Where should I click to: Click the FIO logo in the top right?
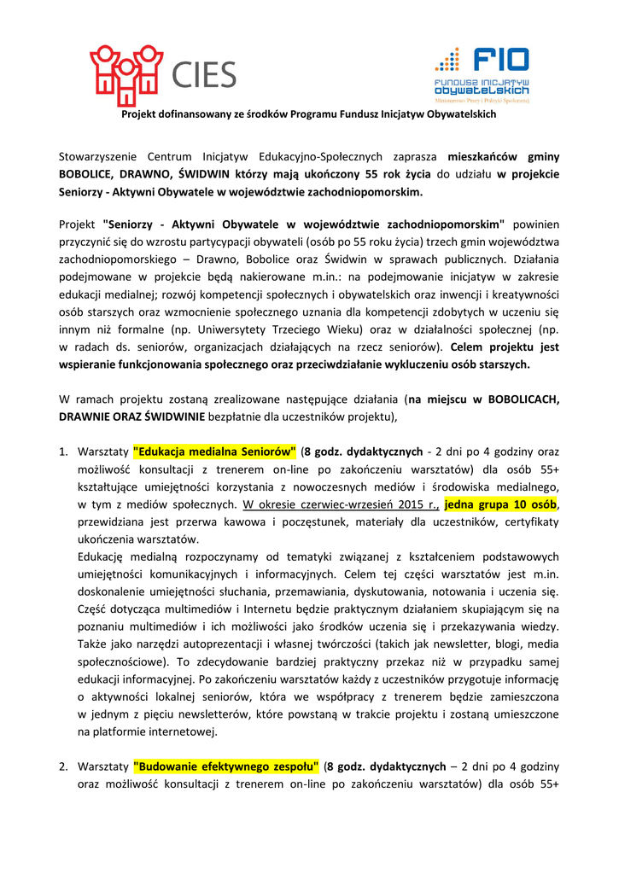click(x=481, y=74)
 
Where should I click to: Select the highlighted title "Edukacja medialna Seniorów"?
click(x=214, y=451)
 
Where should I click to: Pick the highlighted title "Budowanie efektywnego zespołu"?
click(x=225, y=765)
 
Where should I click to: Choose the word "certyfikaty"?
click(x=529, y=520)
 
